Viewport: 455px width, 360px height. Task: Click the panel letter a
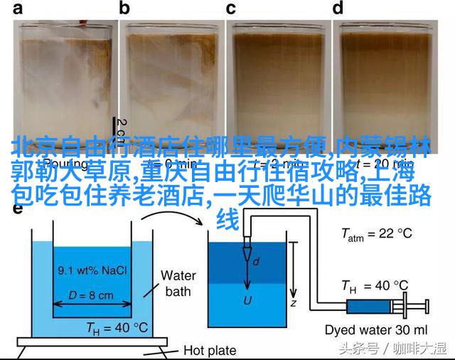point(16,9)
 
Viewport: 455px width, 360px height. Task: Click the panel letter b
point(125,9)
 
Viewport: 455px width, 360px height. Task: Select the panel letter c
point(231,9)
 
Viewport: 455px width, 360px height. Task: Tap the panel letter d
point(338,9)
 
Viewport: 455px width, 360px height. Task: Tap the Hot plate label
point(210,350)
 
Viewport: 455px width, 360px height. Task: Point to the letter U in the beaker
point(247,300)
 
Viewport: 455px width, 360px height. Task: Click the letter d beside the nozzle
point(256,262)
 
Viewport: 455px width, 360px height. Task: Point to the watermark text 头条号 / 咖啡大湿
point(392,349)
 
